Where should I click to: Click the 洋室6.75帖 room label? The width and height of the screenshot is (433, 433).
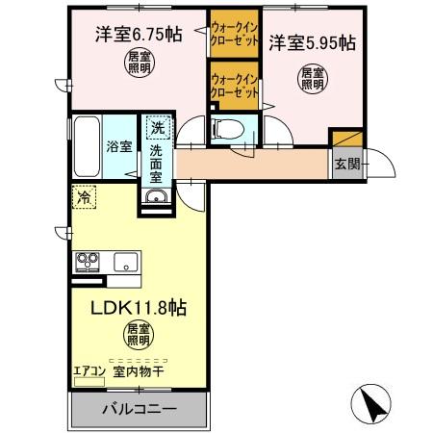click(x=138, y=36)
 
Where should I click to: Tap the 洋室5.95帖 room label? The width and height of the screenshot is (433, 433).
click(x=311, y=42)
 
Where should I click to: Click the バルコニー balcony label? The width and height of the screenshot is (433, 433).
click(x=139, y=409)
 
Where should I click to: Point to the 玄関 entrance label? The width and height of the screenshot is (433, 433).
click(x=347, y=164)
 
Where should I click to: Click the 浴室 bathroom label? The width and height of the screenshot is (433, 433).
click(x=120, y=148)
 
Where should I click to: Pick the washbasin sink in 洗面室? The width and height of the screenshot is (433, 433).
click(x=157, y=197)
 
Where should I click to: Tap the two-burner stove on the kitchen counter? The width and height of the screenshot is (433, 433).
click(x=86, y=260)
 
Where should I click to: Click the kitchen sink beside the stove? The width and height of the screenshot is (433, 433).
click(x=126, y=261)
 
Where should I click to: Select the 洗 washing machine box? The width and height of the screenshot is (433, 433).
click(x=156, y=125)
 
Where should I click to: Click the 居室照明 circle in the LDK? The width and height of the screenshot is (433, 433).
click(x=138, y=336)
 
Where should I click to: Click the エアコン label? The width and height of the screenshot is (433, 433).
click(x=88, y=369)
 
